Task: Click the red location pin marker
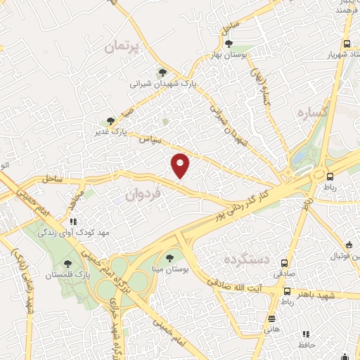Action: [181, 165]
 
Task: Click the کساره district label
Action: [314, 112]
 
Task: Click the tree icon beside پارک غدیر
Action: [109, 121]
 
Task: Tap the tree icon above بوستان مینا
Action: [169, 257]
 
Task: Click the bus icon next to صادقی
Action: [285, 257]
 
